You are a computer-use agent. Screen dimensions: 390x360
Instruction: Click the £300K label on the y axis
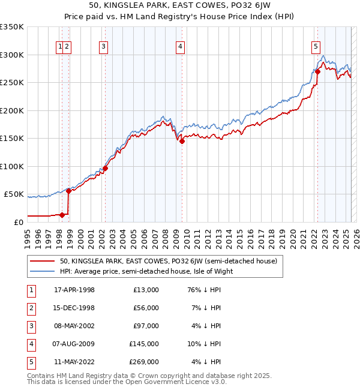pos(12,55)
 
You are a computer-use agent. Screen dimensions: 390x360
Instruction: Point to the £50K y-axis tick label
pos(14,194)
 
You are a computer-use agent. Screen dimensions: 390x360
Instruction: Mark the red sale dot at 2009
pos(182,142)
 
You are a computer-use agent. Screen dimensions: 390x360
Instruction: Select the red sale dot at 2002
pos(105,168)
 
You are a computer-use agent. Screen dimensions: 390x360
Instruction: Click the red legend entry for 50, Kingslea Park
pos(168,261)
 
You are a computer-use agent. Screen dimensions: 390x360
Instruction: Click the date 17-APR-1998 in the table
pos(74,290)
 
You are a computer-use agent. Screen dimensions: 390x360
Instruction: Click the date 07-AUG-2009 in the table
pos(74,344)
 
